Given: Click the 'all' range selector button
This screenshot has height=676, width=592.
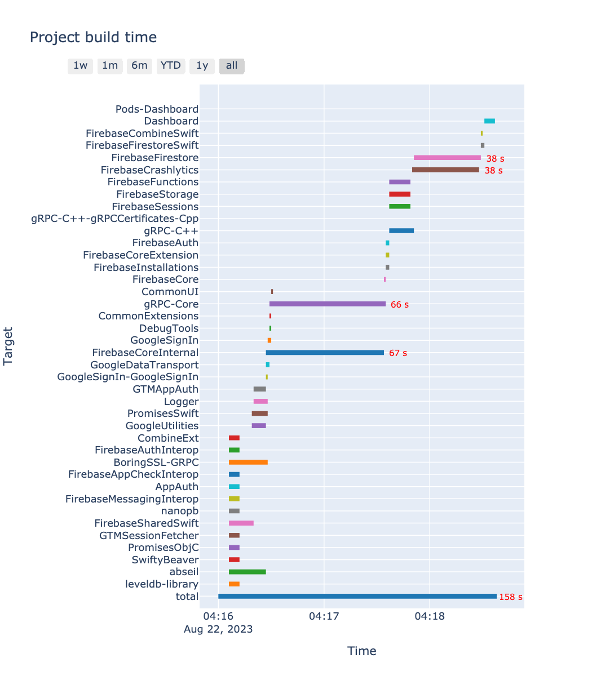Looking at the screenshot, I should coord(232,66).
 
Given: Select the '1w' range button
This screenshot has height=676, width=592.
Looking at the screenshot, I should coord(81,66).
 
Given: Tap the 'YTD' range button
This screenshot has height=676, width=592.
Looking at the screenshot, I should coord(171,66).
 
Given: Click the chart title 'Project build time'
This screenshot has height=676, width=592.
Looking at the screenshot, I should coord(93,38).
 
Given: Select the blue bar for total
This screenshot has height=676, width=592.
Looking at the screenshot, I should coord(357,597).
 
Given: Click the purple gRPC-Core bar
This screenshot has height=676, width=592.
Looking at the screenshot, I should coord(327,304).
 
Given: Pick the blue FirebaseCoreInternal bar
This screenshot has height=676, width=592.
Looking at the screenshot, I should coord(325,353).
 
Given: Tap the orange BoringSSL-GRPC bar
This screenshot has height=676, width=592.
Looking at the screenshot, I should coord(248,462).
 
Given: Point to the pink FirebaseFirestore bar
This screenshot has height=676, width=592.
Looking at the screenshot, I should coord(447,158).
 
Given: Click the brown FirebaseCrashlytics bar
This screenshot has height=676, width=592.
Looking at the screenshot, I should coord(445,170).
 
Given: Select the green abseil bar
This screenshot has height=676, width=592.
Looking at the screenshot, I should coord(247,572).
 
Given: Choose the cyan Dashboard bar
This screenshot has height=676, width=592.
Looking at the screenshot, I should coord(489,121).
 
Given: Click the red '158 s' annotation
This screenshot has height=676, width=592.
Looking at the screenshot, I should coord(511,597).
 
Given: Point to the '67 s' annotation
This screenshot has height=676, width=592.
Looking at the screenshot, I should coord(398,353).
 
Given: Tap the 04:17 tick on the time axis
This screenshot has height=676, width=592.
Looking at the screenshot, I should coord(324,616).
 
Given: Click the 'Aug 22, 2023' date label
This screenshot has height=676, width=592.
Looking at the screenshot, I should coord(218,629).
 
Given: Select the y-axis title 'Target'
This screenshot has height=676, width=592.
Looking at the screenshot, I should coord(8,345).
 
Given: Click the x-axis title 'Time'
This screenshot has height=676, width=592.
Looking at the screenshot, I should coord(361,652).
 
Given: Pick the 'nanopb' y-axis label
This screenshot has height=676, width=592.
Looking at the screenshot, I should coord(180,511).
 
